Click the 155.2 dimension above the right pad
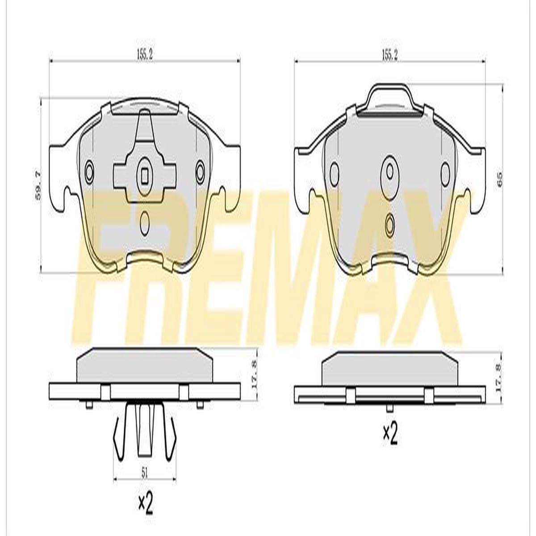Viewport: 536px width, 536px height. pos(389,56)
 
